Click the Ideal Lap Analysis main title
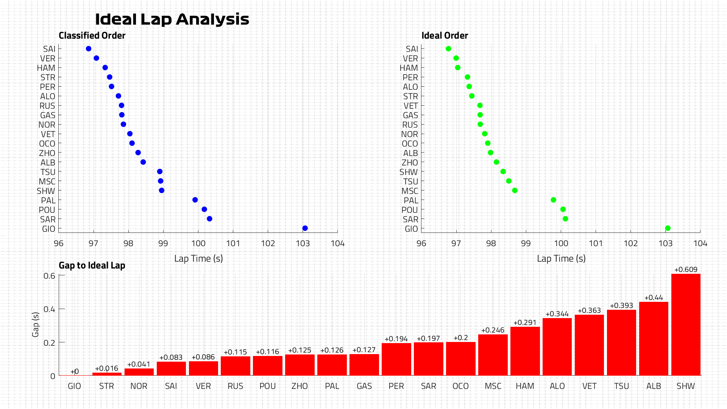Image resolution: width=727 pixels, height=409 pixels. [172, 19]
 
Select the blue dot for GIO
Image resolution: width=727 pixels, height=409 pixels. [305, 228]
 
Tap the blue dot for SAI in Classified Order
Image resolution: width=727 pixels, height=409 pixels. [89, 49]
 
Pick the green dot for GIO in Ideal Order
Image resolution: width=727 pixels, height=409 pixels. [668, 228]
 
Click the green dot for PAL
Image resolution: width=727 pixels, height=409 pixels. [553, 200]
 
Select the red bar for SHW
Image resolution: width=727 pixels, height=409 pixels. [686, 325]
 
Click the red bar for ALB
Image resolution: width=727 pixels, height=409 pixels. [654, 339]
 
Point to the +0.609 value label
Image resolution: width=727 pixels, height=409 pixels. [686, 270]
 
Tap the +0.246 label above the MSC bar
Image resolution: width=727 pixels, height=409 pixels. [493, 330]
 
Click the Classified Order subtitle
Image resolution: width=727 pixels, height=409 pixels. [92, 36]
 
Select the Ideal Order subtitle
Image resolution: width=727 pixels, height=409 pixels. [445, 36]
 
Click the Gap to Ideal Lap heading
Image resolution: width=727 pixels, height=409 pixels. [92, 265]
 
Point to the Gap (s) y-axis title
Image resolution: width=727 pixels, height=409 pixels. [36, 325]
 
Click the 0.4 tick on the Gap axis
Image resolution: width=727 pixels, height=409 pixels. [49, 309]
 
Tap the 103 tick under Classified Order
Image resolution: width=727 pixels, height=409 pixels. [303, 244]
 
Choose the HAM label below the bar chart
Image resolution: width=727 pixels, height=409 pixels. [525, 386]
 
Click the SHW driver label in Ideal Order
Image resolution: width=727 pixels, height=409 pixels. [409, 172]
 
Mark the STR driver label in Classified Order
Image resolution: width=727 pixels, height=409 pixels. [48, 78]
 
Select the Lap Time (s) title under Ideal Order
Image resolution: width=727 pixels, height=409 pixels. [561, 259]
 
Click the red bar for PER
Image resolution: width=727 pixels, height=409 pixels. [396, 359]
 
